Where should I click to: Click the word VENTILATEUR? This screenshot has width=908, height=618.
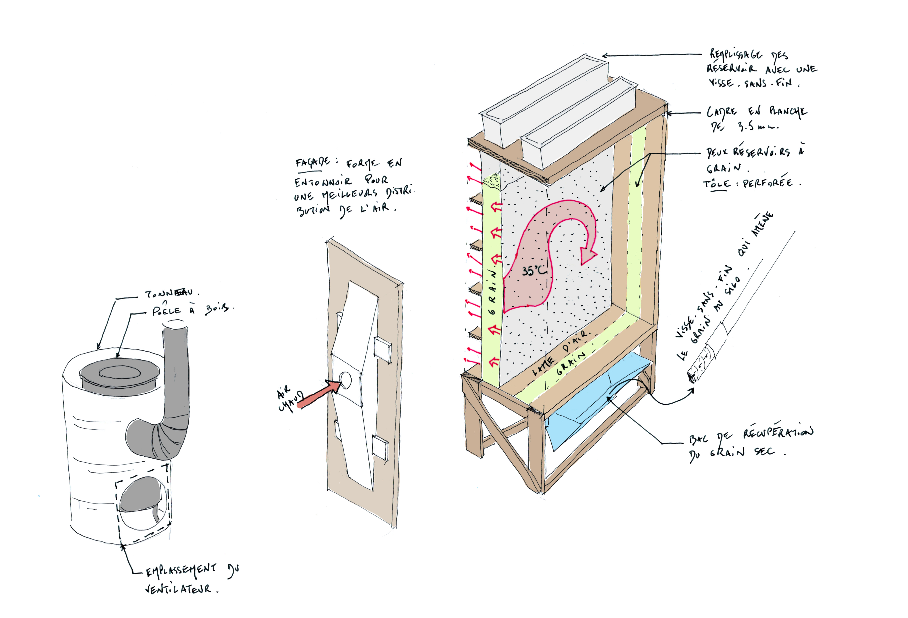[x=178, y=588]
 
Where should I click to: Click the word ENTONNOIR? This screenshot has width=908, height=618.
[x=323, y=182]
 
